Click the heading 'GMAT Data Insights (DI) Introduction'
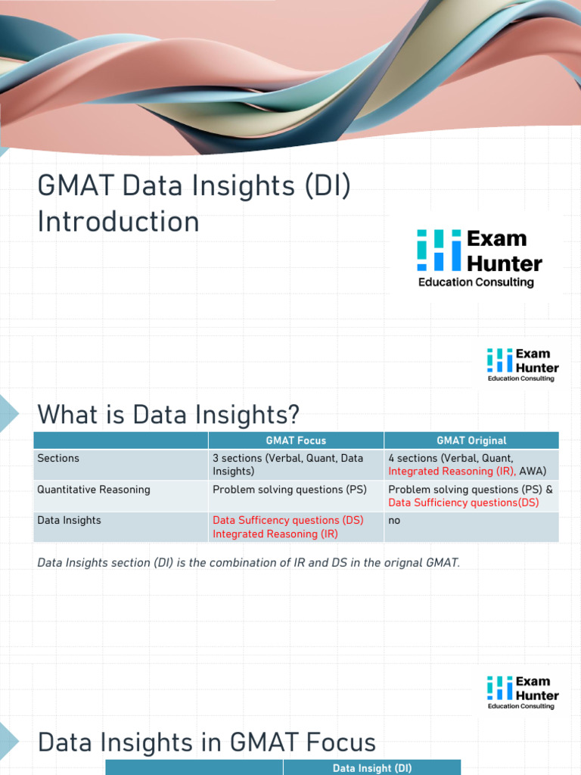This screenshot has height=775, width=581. point(194,204)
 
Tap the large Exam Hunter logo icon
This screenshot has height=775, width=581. point(439,251)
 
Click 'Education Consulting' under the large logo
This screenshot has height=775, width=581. point(476,282)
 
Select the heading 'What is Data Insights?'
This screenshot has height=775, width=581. point(168,414)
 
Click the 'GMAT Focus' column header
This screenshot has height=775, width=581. point(296,440)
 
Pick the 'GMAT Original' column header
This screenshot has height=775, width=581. point(471,440)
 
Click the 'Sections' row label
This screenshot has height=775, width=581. point(58,458)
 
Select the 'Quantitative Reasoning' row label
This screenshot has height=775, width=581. point(94,490)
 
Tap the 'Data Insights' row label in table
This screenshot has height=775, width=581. point(69,520)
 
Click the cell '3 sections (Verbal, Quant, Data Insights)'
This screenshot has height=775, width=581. point(287,465)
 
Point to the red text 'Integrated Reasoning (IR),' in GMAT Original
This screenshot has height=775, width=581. point(452,471)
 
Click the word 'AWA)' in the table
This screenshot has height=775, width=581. point(533,471)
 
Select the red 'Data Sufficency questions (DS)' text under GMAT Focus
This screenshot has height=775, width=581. point(287,520)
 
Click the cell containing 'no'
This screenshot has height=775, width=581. point(394,520)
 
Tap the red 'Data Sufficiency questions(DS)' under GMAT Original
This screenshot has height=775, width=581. point(463,503)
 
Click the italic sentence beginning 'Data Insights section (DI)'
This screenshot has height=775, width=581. point(248,563)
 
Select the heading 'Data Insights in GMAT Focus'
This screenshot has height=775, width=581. point(207,742)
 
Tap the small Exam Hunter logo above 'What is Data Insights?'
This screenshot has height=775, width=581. point(522,364)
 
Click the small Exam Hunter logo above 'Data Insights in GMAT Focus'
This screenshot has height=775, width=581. point(522,692)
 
